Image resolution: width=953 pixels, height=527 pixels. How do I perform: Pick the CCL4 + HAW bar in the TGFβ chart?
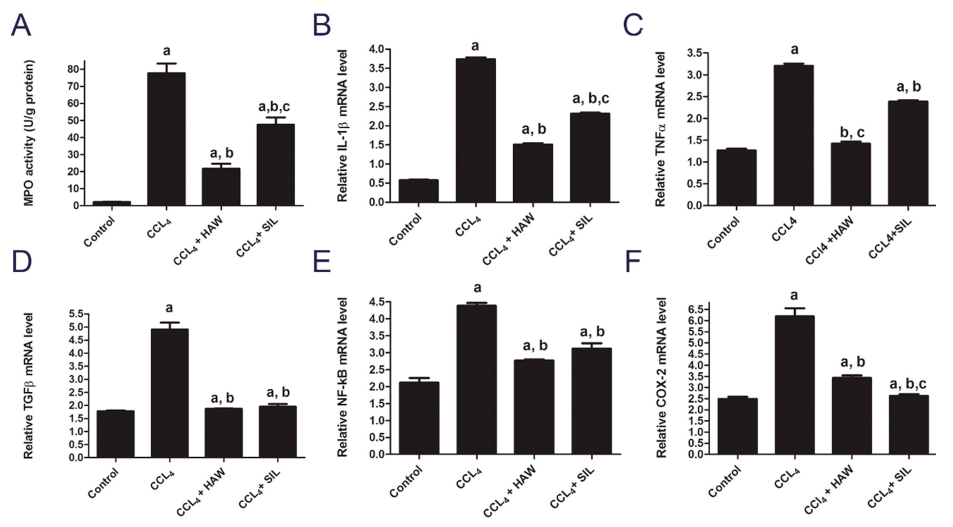(x=223, y=433)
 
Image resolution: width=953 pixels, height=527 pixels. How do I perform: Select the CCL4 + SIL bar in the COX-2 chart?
(x=909, y=424)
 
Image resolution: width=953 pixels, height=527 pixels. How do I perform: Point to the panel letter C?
(x=633, y=25)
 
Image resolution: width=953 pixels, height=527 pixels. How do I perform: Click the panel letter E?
(x=322, y=261)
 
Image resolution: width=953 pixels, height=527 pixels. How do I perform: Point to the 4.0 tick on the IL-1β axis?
(x=376, y=49)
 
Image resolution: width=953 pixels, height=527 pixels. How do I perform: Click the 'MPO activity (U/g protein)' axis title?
(x=29, y=133)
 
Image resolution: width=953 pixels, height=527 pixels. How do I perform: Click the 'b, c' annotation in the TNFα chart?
(x=851, y=133)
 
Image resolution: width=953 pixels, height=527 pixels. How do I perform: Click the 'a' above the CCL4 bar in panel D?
(x=169, y=309)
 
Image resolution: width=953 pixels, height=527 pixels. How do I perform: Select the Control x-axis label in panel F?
(x=725, y=481)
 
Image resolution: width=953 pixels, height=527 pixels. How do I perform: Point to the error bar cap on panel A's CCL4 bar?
(x=166, y=64)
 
